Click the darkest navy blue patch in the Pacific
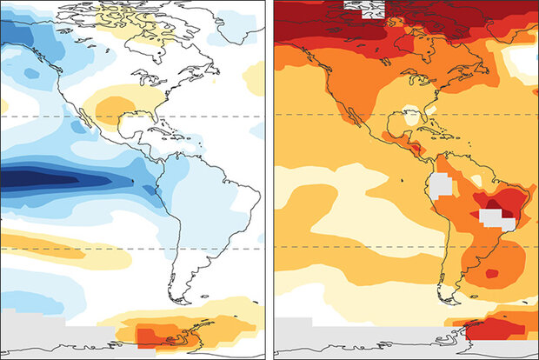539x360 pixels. [35, 180]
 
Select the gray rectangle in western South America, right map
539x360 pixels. [439, 184]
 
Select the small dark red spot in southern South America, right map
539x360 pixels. [491, 274]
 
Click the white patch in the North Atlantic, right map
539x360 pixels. [525, 61]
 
